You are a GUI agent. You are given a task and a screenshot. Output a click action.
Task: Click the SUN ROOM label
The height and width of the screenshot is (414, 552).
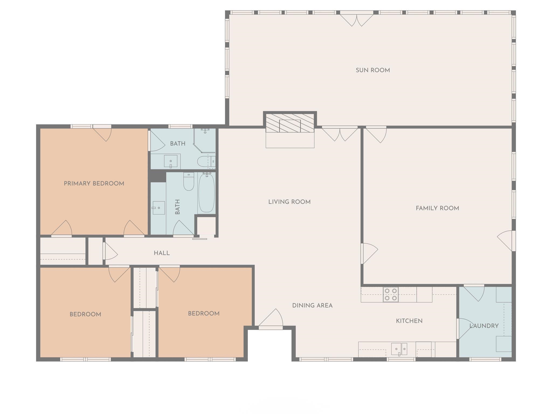[x=372, y=70]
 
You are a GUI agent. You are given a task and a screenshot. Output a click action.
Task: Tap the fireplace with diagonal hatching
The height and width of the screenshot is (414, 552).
[x=290, y=123]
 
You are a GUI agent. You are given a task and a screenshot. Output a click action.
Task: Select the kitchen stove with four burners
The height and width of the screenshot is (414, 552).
[x=391, y=294]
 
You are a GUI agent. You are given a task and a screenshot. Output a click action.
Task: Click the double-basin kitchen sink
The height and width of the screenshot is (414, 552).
[x=399, y=349]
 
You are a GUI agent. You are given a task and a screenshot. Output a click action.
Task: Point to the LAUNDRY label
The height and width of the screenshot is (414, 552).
[x=484, y=326]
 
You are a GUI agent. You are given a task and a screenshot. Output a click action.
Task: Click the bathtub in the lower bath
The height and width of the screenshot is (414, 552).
[x=206, y=193]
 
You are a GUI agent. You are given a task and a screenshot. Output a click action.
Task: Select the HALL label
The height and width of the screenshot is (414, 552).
[x=162, y=253]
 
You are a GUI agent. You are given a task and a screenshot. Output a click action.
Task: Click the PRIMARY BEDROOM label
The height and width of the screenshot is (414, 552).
[x=94, y=184]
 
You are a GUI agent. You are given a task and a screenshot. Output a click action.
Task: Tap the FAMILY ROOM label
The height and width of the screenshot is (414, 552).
[x=437, y=208]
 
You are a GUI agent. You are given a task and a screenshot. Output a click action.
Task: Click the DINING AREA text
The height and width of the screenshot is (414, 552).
[x=312, y=305]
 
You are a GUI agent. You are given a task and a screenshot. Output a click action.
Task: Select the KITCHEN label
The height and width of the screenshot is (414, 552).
[x=409, y=321]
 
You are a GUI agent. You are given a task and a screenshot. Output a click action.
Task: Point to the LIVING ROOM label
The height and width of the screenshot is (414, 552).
[x=289, y=202]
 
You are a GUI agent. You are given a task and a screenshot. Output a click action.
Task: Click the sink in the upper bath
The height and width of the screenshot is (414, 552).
[x=171, y=161]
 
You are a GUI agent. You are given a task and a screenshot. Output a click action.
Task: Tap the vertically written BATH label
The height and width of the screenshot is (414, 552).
[x=177, y=207]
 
